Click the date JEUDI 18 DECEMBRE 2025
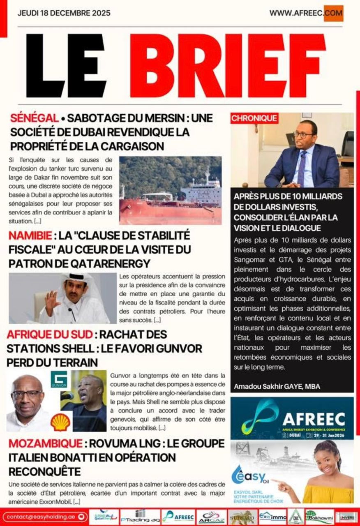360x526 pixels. pyautogui.click(x=64, y=13)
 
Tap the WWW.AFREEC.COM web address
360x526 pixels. pyautogui.click(x=306, y=13)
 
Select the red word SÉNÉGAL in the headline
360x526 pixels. pyautogui.click(x=35, y=118)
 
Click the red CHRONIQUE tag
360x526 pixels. pyautogui.click(x=254, y=118)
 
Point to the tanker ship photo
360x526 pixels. pyautogui.click(x=170, y=190)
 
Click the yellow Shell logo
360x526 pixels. pyautogui.click(x=60, y=422)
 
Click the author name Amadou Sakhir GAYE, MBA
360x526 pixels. pyautogui.click(x=277, y=386)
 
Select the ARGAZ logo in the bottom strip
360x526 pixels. pyautogui.click(x=211, y=517)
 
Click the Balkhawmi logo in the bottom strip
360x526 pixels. pyautogui.click(x=319, y=517)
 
